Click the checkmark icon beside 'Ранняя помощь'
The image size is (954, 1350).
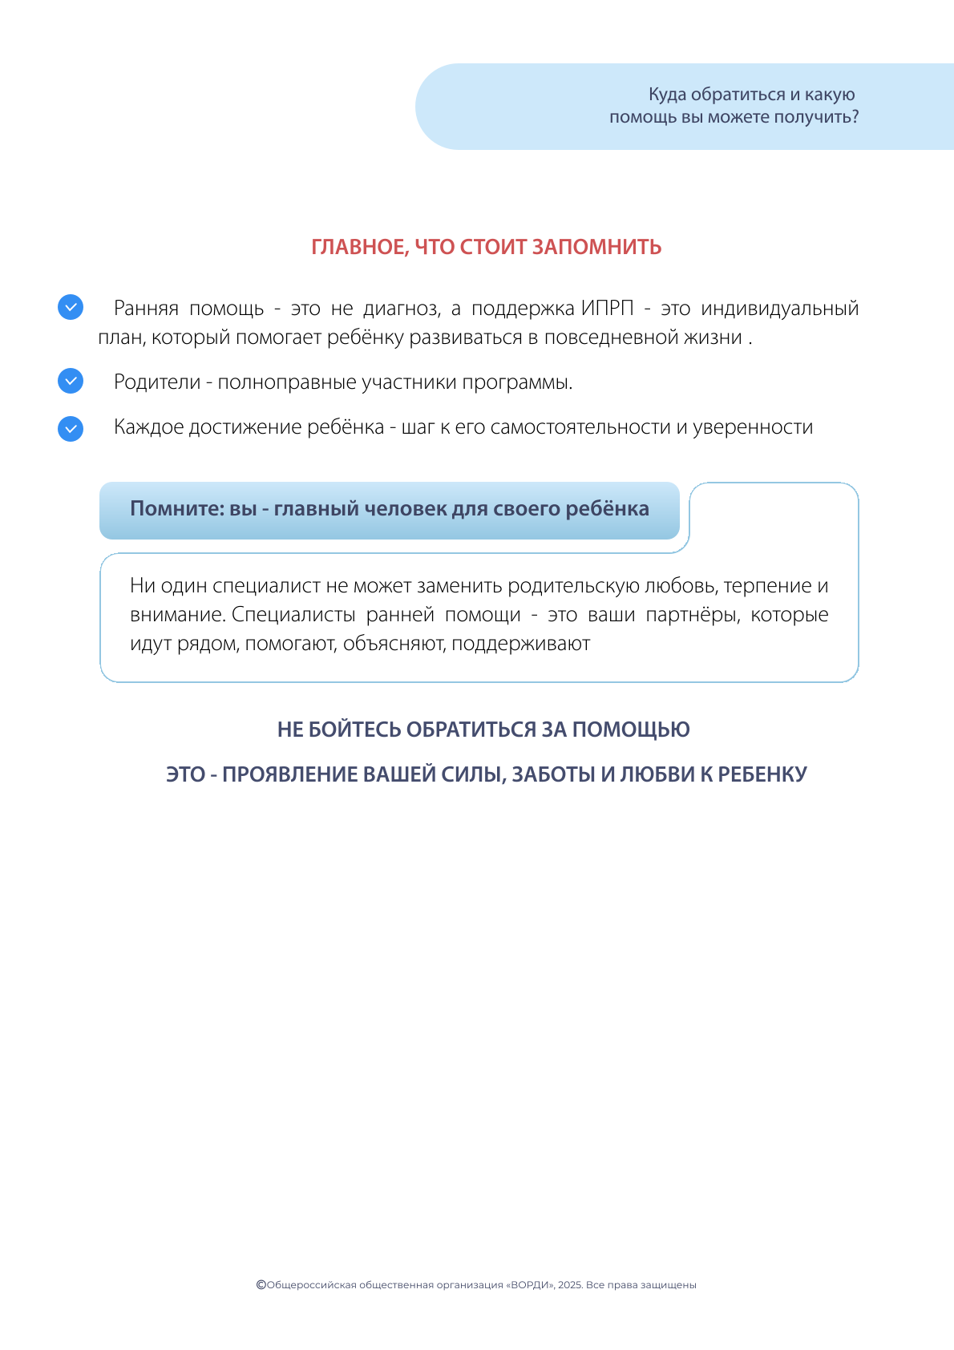pos(71,307)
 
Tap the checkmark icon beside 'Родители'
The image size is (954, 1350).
pos(71,381)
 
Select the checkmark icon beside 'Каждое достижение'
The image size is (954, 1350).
pos(71,429)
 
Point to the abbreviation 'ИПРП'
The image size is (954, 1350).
pos(607,309)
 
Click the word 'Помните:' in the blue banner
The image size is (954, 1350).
pos(177,509)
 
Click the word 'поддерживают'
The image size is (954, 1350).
pos(520,644)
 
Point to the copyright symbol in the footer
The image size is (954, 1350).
pos(261,1284)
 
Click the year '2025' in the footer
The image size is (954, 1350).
pos(569,1285)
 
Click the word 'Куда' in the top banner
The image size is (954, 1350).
pos(667,95)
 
